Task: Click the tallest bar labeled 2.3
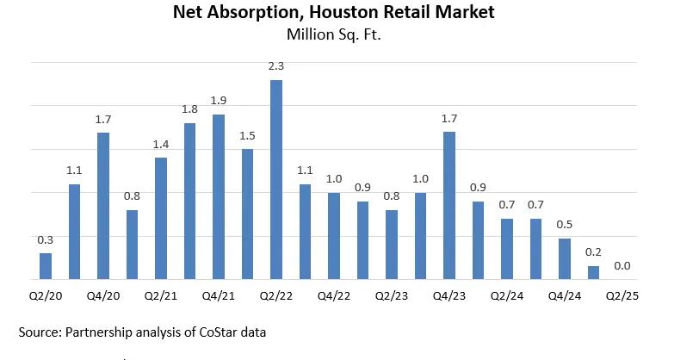[x=276, y=179]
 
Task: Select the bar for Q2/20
[x=46, y=266]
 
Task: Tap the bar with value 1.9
[x=219, y=196]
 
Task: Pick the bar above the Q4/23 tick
[x=449, y=205]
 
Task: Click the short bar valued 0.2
[x=593, y=272]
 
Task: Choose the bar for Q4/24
[x=565, y=258]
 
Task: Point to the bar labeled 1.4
[x=161, y=218]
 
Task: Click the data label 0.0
[x=622, y=266]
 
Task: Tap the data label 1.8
[x=189, y=109]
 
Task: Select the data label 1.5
[x=247, y=136]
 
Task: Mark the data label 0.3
[x=46, y=239]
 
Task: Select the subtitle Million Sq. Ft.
[x=333, y=35]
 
